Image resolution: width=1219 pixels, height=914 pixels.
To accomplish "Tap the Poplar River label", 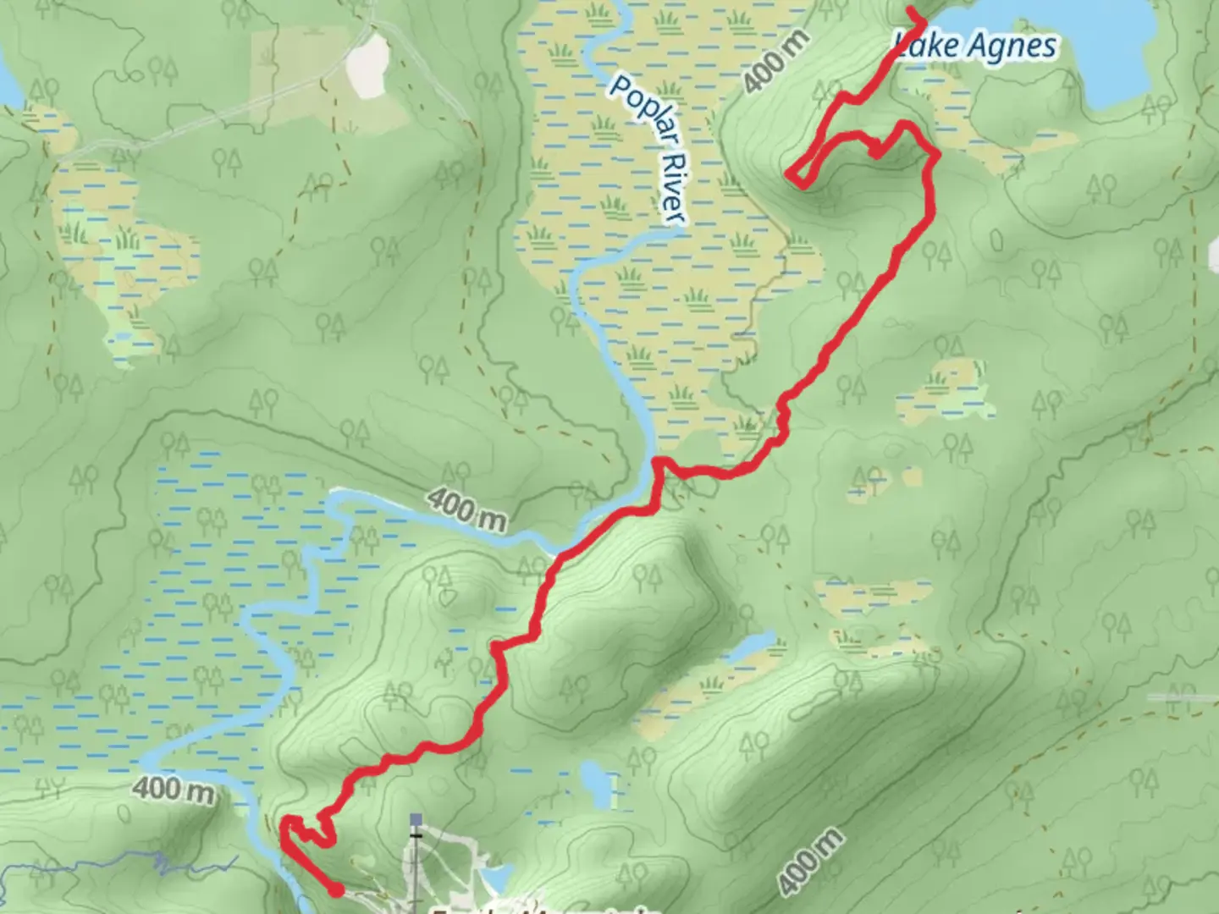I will click(x=648, y=151).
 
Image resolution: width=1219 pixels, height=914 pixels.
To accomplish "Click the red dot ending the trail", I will click(x=336, y=889).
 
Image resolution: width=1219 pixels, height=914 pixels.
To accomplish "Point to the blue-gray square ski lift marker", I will click(x=415, y=820).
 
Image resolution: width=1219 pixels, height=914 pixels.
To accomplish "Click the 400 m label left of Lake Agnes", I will click(x=777, y=63).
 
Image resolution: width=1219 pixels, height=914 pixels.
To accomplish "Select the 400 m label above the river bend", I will click(x=466, y=509).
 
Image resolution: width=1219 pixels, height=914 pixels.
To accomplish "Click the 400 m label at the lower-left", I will click(x=173, y=790).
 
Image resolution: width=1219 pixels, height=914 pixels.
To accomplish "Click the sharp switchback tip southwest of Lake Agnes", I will click(x=789, y=174).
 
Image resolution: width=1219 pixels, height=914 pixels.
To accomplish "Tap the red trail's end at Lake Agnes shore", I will click(x=913, y=11).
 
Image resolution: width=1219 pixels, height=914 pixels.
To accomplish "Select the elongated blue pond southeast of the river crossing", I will click(x=749, y=647).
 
